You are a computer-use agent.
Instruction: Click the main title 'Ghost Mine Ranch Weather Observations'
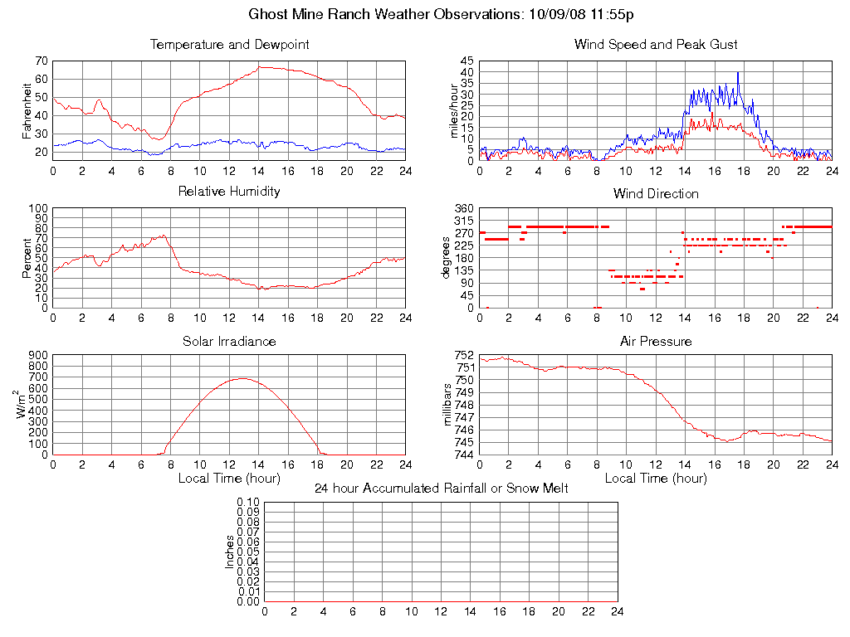(x=385, y=15)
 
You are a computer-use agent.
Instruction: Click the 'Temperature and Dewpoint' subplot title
(x=229, y=45)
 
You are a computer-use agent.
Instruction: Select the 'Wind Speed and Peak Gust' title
(x=656, y=45)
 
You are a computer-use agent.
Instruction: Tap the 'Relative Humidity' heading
(x=229, y=192)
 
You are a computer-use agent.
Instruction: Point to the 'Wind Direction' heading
(x=656, y=194)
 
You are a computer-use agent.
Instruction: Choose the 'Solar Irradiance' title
(x=229, y=341)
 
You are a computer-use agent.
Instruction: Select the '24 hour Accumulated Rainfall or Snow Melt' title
(x=441, y=489)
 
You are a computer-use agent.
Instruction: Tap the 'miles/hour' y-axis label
(x=453, y=110)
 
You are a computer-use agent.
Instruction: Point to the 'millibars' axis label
(x=447, y=405)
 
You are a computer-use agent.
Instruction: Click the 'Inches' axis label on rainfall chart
(x=230, y=552)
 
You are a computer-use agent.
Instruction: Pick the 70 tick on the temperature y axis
(x=41, y=61)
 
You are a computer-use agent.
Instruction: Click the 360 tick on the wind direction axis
(x=463, y=208)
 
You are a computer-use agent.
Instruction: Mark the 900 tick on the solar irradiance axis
(x=37, y=355)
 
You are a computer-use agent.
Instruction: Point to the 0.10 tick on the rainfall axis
(x=248, y=503)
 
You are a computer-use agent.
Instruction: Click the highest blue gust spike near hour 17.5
(x=738, y=72)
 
